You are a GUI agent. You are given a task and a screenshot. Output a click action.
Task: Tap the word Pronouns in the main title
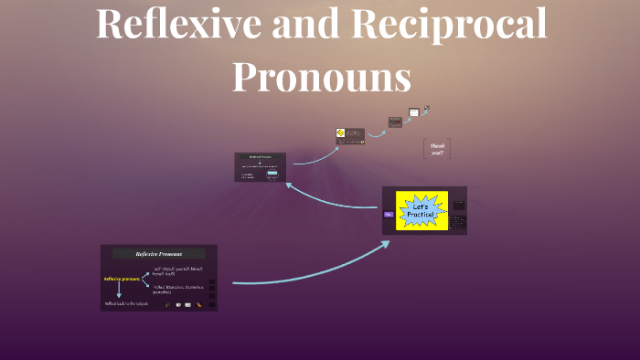pyautogui.click(x=321, y=76)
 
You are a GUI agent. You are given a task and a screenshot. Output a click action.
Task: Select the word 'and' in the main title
pyautogui.click(x=294, y=24)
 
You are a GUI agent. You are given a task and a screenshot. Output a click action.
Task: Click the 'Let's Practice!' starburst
pyautogui.click(x=421, y=211)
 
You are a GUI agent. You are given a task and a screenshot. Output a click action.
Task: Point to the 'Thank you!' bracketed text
pyautogui.click(x=437, y=148)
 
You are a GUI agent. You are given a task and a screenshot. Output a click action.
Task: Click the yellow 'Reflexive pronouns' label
pyautogui.click(x=122, y=279)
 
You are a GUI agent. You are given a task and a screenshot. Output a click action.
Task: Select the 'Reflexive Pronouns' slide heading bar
pyautogui.click(x=158, y=253)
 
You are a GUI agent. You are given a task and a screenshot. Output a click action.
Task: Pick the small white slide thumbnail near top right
pyautogui.click(x=414, y=112)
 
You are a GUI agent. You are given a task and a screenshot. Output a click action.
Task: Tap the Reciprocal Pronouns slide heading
pyautogui.click(x=261, y=157)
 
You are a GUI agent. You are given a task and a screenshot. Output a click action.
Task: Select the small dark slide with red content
pyautogui.click(x=395, y=122)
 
